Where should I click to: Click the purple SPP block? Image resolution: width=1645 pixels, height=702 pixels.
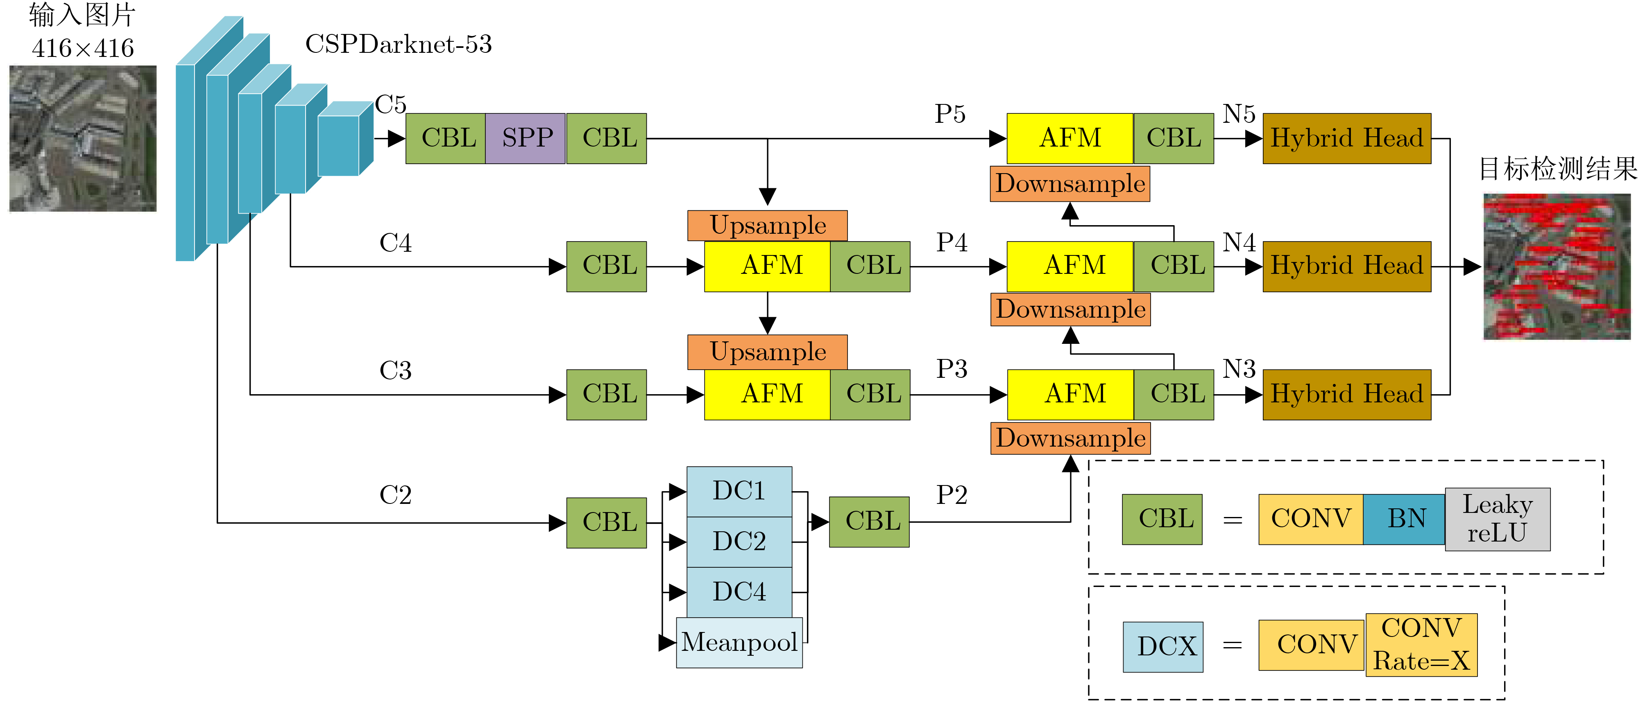coord(526,138)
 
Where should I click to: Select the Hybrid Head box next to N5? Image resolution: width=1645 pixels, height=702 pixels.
coord(1347,138)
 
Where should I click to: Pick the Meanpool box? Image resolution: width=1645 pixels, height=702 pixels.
coord(739,642)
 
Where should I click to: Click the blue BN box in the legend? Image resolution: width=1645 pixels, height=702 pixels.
coord(1404,519)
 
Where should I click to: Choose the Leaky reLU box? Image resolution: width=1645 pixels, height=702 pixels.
coord(1498,519)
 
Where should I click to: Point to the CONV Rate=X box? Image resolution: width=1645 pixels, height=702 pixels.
coord(1421,645)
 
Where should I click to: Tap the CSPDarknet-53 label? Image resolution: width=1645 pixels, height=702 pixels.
coord(399,44)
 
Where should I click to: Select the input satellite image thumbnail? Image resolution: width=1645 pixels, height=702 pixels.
coord(83,138)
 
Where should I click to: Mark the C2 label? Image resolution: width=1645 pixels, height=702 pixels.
coord(395,494)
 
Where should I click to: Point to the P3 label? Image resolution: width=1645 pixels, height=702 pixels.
coord(952,369)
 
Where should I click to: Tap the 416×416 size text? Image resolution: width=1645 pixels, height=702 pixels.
coord(83,48)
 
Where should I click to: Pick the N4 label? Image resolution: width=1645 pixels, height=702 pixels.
coord(1239,242)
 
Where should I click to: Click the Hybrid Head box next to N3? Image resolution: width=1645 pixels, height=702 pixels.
coord(1347,395)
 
